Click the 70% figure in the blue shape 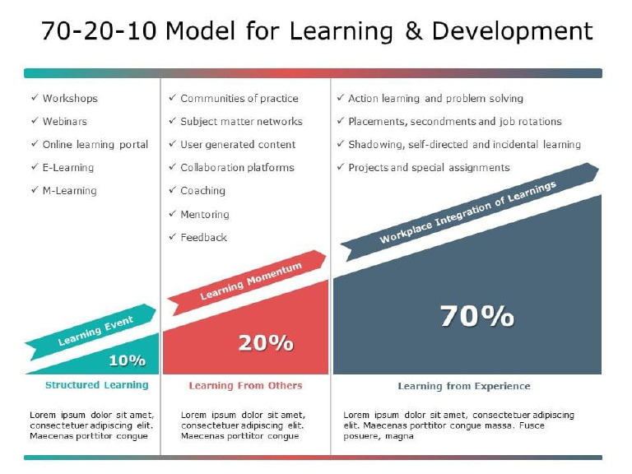[x=476, y=316]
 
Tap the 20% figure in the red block [x=265, y=343]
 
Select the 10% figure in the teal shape [x=127, y=360]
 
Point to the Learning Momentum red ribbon [x=250, y=280]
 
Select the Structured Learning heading [x=96, y=385]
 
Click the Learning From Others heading [x=245, y=385]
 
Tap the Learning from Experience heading [x=464, y=386]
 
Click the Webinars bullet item [x=64, y=121]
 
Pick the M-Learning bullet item [x=69, y=190]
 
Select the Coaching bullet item [x=202, y=190]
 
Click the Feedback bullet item [x=203, y=237]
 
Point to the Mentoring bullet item [x=205, y=214]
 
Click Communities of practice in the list [x=239, y=98]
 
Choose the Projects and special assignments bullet [x=429, y=167]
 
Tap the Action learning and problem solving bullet [x=435, y=98]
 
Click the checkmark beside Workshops [x=34, y=98]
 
